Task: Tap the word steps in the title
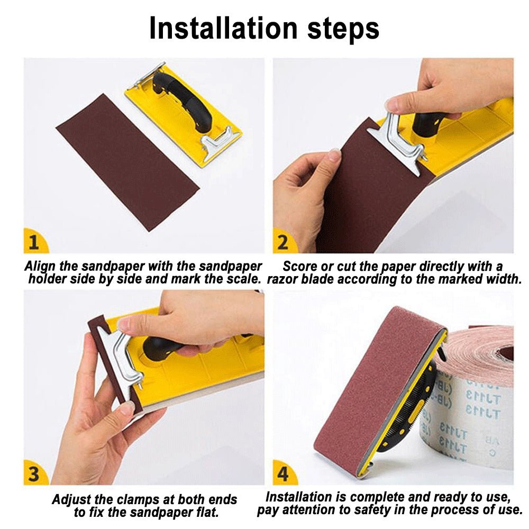tap(343, 29)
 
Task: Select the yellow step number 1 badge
tap(35, 241)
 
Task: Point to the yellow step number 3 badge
tap(35, 472)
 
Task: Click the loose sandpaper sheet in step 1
tap(127, 162)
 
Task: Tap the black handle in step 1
tap(182, 101)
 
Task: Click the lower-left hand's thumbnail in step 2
tap(335, 155)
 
